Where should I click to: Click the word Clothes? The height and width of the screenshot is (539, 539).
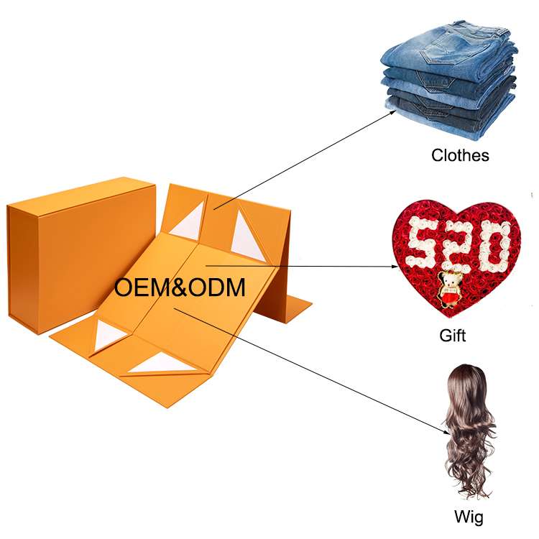(x=460, y=155)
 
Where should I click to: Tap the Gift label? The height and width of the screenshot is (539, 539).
(x=453, y=335)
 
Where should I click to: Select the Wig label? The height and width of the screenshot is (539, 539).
(x=469, y=516)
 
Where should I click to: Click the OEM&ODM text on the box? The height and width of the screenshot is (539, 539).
(x=180, y=287)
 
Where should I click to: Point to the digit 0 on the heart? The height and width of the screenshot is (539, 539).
(x=493, y=241)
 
